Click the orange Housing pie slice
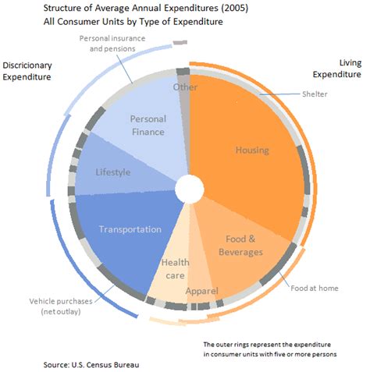[250, 152]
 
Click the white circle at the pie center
[188, 188]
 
